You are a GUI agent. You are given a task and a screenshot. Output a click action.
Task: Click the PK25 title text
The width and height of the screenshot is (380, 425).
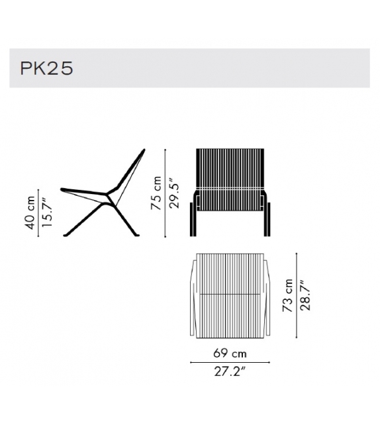46,68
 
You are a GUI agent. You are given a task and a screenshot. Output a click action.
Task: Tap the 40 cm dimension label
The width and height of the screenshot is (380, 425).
30,212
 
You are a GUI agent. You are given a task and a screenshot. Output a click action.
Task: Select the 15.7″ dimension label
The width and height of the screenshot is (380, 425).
44,212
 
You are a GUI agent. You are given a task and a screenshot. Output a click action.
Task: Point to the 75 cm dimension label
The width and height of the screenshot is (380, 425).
156,192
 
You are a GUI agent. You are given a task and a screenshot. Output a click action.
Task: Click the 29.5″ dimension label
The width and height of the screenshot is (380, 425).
173,192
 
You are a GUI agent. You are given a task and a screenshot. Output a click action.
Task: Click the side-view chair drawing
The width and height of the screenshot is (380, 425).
106,195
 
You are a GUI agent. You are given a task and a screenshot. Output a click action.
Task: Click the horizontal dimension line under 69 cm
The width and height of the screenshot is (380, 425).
230,362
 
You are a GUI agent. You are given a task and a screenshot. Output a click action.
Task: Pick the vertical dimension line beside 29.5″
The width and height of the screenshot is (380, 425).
165,192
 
